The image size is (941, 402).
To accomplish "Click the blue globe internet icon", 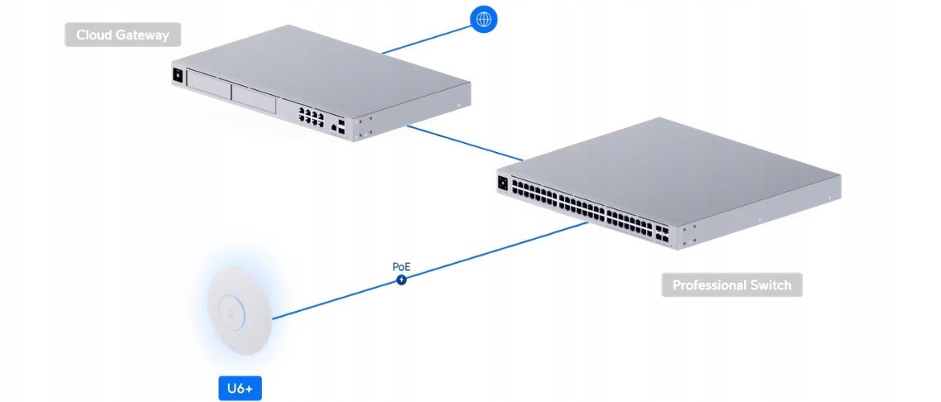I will click(483, 18).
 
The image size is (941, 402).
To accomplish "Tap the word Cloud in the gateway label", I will click(94, 35).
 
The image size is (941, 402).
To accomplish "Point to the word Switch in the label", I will click(773, 285).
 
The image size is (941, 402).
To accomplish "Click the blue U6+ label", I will click(239, 388).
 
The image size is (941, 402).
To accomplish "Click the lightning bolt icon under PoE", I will click(401, 279).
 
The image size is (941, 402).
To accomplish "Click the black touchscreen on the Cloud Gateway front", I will click(178, 76).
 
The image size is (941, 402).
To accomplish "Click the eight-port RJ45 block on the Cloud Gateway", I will click(310, 116).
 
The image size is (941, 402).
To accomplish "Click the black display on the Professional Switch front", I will click(505, 183).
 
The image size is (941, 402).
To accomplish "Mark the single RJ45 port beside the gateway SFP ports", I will click(332, 125).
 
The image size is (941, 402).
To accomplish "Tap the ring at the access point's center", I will click(230, 306).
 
